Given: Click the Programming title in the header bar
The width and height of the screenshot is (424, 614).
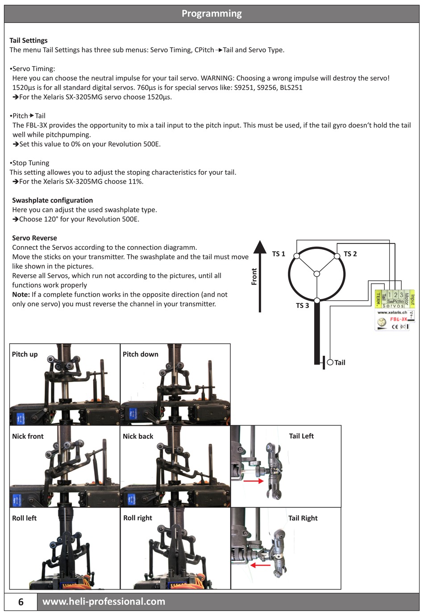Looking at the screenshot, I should pos(212,13).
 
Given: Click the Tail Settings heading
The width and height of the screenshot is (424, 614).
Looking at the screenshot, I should pos(29,40).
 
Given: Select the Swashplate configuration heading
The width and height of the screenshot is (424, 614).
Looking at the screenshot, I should pos(52,200).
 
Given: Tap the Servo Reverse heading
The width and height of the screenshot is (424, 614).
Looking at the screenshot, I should pos(34,238).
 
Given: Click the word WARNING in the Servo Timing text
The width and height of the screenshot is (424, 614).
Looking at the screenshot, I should pos(217,78).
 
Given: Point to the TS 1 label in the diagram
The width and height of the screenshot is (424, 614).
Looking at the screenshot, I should pos(279,254).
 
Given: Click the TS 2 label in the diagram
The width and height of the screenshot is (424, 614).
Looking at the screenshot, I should pos(350,254).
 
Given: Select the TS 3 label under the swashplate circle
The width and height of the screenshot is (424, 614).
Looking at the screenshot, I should pos(302,306).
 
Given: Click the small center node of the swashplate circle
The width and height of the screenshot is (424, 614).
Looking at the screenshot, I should pos(316,273).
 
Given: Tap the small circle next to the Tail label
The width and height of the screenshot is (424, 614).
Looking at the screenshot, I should pos(330,362).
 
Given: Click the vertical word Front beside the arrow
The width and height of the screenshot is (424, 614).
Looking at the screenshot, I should pos(254,277).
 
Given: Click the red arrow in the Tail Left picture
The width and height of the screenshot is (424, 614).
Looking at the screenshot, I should pos(253,481).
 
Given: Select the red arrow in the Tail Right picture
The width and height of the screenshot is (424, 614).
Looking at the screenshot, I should pos(261,565).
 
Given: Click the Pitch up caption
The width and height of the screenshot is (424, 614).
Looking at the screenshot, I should pos(25,354).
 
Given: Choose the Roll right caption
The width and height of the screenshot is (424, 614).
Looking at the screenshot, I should pos(137,518).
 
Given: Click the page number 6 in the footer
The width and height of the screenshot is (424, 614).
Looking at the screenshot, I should pos(21,601).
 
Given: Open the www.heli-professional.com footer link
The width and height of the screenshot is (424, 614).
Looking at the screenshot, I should pos(104,601).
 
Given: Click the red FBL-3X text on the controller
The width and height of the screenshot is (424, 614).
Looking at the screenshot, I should pos(399,319).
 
